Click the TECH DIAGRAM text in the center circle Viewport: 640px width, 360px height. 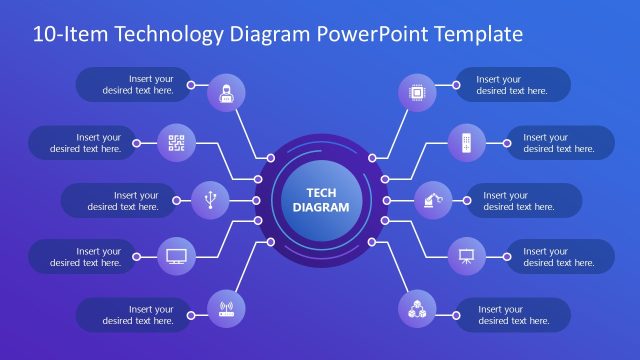point(320,200)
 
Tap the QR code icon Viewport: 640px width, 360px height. point(177,142)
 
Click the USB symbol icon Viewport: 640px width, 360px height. point(210,200)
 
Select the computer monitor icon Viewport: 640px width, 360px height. point(177,256)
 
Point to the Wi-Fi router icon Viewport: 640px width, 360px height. point(225,306)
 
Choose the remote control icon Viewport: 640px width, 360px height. point(465,142)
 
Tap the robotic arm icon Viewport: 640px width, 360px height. point(431,200)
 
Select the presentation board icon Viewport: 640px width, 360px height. point(465,256)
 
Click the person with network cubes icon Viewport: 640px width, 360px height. point(416,306)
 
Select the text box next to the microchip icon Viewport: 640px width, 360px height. point(512,85)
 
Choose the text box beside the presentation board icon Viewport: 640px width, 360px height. point(558,257)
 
